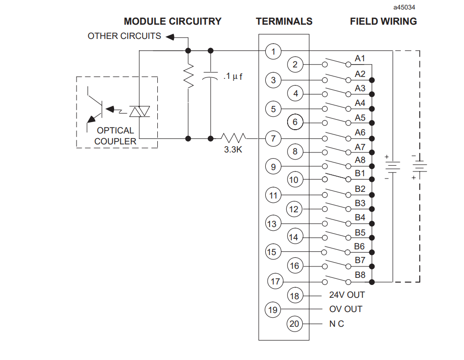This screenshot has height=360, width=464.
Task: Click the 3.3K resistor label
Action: coord(233,150)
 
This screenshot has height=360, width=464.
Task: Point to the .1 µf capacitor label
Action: coord(233,76)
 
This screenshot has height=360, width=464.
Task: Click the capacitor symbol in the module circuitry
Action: coord(211,76)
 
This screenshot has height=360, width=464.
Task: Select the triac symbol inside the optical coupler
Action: coord(139,112)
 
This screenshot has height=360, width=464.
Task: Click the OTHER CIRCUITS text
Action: coord(124,36)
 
